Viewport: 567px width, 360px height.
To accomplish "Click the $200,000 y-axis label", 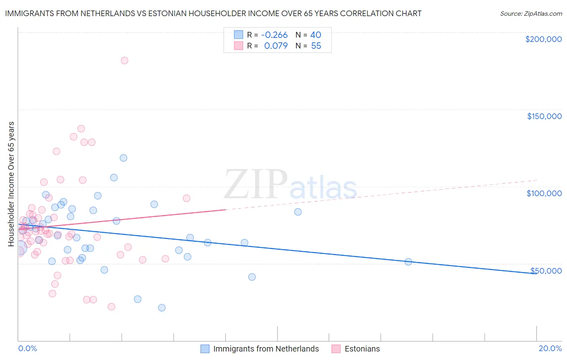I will coord(543,39).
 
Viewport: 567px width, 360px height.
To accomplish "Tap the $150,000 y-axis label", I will coord(544,116).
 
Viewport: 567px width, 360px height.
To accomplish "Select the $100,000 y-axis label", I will coord(544,193).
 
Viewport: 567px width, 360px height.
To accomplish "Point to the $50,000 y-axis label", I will coord(546,271).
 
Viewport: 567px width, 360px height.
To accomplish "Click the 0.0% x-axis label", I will coord(27,348).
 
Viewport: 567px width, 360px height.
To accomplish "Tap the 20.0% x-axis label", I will coord(550,348).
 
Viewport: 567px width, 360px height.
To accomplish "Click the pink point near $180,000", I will coord(124,61).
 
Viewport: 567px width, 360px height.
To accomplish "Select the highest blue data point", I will coord(123,158).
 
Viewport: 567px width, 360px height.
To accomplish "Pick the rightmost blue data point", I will coord(408,262).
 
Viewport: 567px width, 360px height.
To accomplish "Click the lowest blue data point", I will coord(162,308).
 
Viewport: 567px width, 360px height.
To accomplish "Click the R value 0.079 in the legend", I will coord(276,46).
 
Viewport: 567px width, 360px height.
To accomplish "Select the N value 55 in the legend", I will coord(316,46).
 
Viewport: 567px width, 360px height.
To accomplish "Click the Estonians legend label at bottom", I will coord(362,349).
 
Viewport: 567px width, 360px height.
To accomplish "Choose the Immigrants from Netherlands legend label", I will coord(266,349).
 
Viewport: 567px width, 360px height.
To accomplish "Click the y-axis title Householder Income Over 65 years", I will coord(11,184).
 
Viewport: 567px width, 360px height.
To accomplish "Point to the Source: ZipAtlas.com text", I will coord(531,13).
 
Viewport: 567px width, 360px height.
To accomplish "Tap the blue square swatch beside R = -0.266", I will coord(239,35).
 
